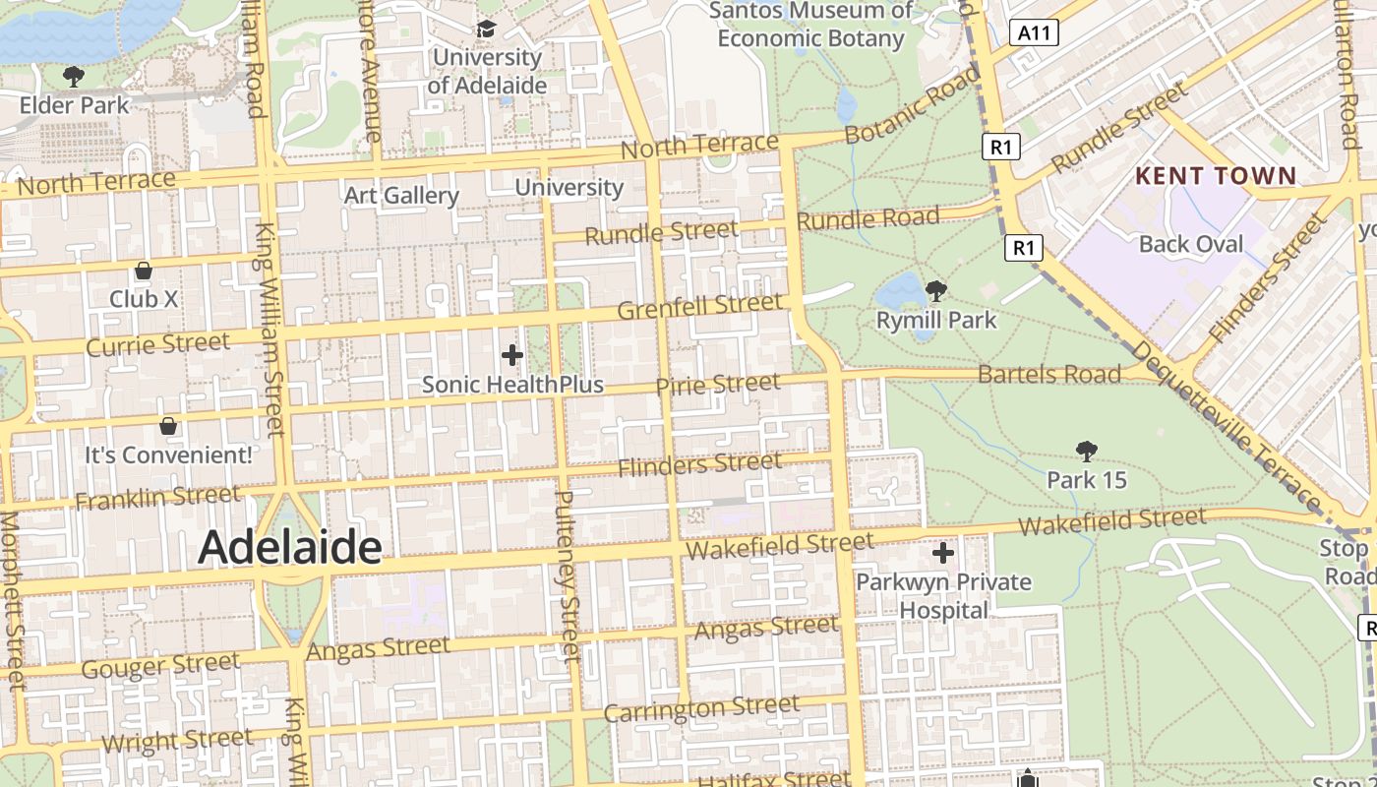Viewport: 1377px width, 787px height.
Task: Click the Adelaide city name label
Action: pyautogui.click(x=289, y=547)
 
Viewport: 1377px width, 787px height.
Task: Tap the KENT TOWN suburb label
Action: pyautogui.click(x=1216, y=176)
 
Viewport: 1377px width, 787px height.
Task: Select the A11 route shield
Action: pyautogui.click(x=1034, y=33)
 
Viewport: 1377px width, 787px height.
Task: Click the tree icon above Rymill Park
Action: pyautogui.click(x=936, y=290)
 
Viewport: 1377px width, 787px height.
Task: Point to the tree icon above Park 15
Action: pyautogui.click(x=1086, y=451)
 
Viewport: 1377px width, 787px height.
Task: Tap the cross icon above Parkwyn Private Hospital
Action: pyautogui.click(x=942, y=553)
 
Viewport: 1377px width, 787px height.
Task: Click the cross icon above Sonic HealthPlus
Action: pyautogui.click(x=511, y=355)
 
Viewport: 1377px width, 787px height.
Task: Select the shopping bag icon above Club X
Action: pyautogui.click(x=144, y=271)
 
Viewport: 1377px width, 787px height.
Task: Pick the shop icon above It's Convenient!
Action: pyautogui.click(x=168, y=426)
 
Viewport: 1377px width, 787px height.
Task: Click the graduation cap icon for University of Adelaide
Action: pyautogui.click(x=486, y=28)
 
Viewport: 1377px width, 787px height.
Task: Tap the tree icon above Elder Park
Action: pyautogui.click(x=73, y=76)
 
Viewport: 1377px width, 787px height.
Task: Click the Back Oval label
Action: pyautogui.click(x=1190, y=244)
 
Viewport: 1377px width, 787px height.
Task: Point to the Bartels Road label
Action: pyautogui.click(x=1048, y=374)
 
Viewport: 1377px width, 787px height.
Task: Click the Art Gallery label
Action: pyautogui.click(x=401, y=195)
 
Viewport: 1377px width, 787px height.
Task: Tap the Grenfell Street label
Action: pyautogui.click(x=699, y=306)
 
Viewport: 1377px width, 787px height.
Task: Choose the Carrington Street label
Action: pyautogui.click(x=701, y=708)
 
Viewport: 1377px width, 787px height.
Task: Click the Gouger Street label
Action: pyautogui.click(x=160, y=666)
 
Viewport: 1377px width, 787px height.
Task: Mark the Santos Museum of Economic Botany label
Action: pyautogui.click(x=810, y=25)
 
